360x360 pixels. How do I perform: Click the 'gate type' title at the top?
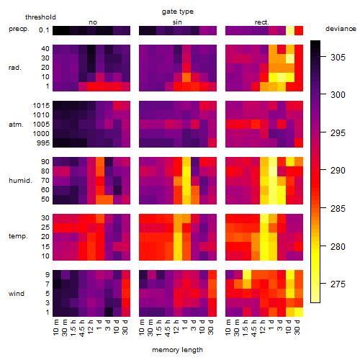pos(178,12)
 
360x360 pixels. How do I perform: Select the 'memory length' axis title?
pos(177,350)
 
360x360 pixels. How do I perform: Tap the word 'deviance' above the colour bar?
pos(341,29)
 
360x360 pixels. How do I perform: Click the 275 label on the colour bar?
pos(338,284)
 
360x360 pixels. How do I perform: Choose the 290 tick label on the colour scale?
pos(338,171)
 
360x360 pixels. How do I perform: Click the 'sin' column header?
pos(177,22)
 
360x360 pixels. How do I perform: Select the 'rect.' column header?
pos(262,22)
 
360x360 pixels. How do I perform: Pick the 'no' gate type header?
pos(93,22)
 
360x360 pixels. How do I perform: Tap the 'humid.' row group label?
pos(20,180)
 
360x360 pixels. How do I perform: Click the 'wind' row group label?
pos(17,293)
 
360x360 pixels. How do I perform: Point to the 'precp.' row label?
pos(19,29)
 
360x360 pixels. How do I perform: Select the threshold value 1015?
pos(41,105)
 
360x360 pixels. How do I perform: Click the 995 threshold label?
pos(43,143)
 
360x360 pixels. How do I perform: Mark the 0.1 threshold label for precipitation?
pos(44,30)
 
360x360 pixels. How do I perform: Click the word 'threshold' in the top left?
pos(40,17)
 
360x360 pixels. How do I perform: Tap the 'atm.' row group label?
pos(16,125)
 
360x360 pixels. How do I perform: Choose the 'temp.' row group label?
pos(18,236)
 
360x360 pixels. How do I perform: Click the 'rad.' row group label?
pos(15,68)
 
